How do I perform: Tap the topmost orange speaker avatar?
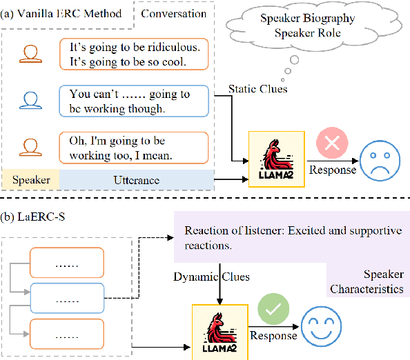(x=28, y=54)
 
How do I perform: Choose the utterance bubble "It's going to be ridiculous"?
(x=131, y=53)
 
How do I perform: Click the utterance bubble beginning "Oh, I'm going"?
(x=131, y=148)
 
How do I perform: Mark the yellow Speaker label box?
(x=30, y=180)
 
